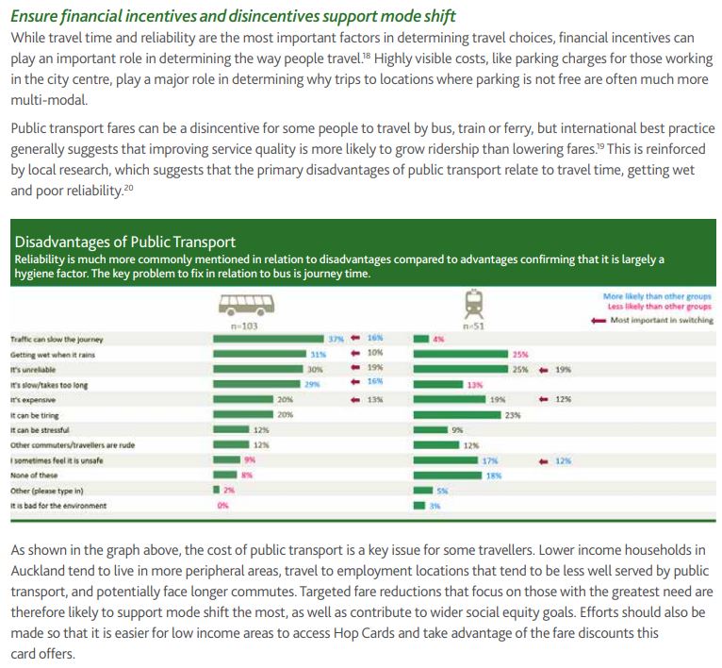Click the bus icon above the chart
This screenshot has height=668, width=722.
click(246, 305)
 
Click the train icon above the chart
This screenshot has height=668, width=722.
click(474, 304)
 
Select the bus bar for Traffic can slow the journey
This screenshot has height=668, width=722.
click(269, 339)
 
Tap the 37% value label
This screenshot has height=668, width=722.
click(336, 340)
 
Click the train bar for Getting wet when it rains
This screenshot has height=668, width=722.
click(461, 354)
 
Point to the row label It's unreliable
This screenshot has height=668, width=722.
click(33, 370)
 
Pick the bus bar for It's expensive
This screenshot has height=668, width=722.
click(243, 399)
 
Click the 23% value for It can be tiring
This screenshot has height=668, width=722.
click(513, 415)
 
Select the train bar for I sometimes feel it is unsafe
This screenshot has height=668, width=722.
click(446, 460)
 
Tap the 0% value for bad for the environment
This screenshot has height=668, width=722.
click(222, 506)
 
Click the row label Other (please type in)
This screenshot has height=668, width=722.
click(47, 491)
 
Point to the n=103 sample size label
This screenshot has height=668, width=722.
click(244, 326)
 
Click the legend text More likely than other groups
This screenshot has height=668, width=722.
click(657, 296)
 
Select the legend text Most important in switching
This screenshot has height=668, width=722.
click(662, 320)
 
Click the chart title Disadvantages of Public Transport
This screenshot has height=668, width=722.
click(124, 242)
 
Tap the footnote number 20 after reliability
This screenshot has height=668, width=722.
click(128, 187)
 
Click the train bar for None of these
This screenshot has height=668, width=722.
click(448, 476)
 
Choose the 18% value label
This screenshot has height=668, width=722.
click(494, 476)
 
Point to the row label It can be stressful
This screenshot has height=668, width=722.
click(41, 430)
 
